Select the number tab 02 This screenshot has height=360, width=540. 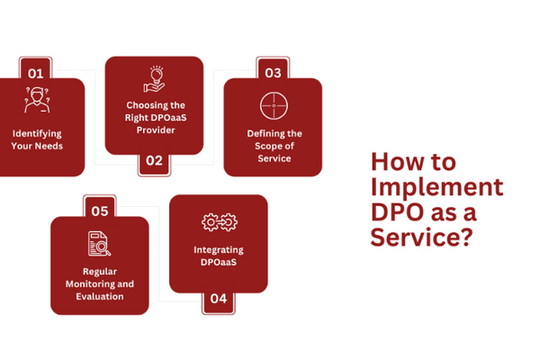(154, 161)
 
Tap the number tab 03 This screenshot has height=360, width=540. (273, 72)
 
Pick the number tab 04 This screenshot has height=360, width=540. (219, 299)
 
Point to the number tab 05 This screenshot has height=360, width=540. (100, 211)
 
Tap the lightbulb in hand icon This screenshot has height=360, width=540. (154, 80)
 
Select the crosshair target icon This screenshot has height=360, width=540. (273, 105)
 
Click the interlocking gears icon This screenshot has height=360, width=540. (218, 220)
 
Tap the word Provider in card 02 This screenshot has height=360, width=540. (154, 130)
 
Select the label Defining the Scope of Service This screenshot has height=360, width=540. (274, 146)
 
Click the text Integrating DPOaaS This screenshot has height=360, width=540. (219, 255)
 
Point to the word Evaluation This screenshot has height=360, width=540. (100, 296)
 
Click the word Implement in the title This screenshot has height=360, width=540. (436, 188)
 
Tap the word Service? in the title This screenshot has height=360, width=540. (421, 238)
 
